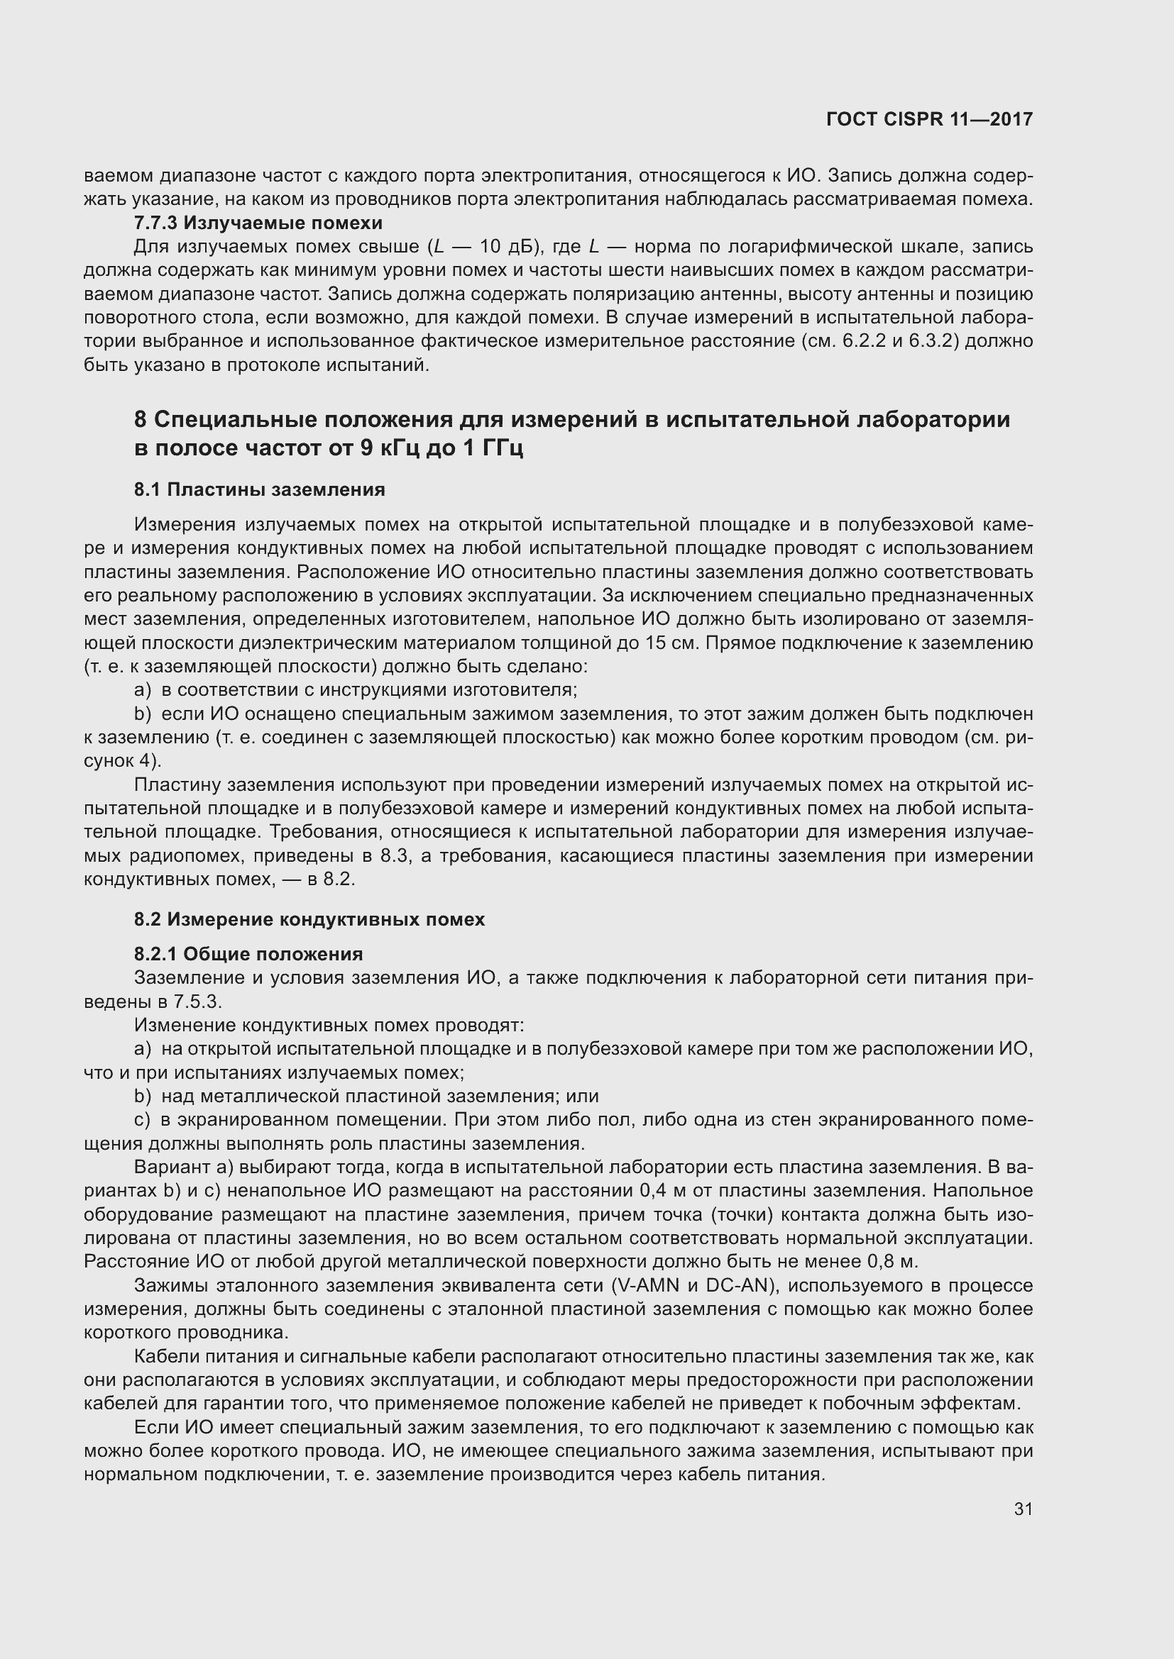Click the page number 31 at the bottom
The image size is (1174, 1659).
[1023, 1509]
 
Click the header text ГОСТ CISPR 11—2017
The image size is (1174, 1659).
[929, 119]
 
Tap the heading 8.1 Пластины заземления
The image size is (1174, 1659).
[260, 489]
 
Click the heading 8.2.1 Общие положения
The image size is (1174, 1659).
[248, 954]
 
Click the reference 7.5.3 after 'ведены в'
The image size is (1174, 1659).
[197, 1001]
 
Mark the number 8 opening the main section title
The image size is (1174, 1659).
[141, 419]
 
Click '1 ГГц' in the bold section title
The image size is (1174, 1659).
[491, 448]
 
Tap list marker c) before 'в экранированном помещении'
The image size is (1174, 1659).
[143, 1119]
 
